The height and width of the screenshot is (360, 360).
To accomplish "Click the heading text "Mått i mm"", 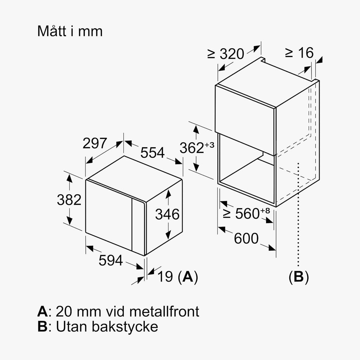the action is (70, 31).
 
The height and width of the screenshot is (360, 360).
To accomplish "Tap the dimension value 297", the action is (95, 143).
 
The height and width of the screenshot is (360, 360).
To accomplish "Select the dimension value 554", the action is (153, 153).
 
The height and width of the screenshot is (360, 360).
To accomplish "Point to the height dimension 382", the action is (69, 200).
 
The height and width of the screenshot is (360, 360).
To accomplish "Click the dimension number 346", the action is (167, 214).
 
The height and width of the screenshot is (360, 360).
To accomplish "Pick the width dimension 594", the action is (111, 261).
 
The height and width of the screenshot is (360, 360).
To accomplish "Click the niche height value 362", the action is (192, 148).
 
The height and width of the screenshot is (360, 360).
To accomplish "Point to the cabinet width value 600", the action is (246, 238).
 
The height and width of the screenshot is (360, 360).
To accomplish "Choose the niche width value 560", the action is (247, 213).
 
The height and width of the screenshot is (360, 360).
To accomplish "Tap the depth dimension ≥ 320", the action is (226, 54).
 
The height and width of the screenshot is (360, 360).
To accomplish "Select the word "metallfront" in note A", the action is (164, 311).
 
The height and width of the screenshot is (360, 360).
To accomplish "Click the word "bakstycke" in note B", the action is (125, 326).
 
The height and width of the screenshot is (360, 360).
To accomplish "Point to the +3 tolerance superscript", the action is (209, 145).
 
